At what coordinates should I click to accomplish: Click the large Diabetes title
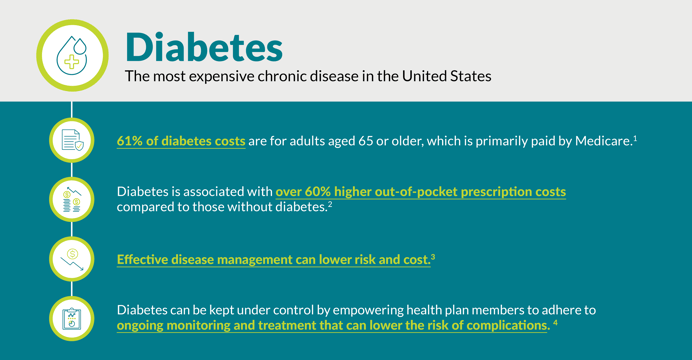point(204,45)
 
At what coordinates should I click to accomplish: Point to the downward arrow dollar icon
point(71,258)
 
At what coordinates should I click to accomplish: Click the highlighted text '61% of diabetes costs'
point(181,141)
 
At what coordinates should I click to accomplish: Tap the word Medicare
point(602,141)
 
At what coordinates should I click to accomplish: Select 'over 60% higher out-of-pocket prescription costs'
point(420,190)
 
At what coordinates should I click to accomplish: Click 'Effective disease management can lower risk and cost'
point(272,259)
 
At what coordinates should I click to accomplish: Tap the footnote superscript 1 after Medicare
point(635,137)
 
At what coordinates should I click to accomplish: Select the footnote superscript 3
point(432,256)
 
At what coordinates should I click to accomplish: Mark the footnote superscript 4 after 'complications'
point(555,322)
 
